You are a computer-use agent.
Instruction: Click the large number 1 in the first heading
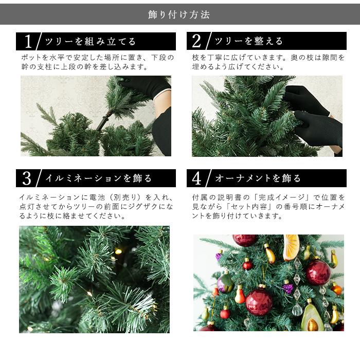click(28, 42)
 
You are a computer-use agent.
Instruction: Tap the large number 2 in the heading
click(197, 42)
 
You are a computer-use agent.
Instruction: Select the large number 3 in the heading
click(27, 178)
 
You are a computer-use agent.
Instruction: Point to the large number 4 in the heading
click(197, 178)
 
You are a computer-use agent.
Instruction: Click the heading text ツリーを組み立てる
click(91, 42)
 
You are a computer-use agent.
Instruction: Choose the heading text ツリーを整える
click(248, 42)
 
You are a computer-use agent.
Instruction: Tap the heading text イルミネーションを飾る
click(98, 178)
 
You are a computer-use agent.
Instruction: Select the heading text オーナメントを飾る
click(258, 178)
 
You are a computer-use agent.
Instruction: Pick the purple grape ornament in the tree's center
click(288, 287)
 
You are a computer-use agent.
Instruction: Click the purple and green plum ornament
click(225, 283)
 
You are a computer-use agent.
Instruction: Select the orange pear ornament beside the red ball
click(240, 295)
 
